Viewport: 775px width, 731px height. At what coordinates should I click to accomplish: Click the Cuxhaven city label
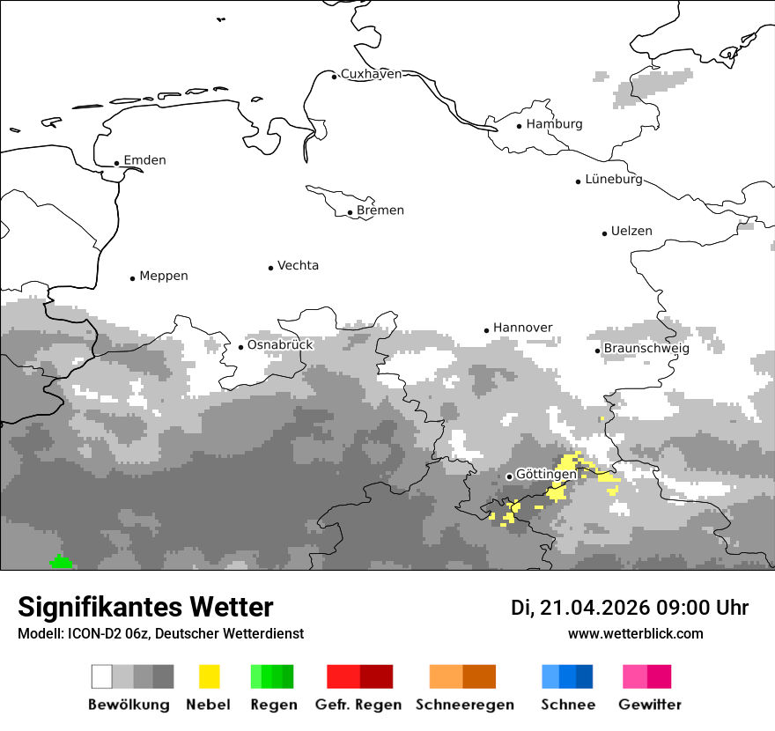(x=371, y=74)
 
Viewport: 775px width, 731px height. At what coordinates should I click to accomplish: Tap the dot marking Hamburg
(x=520, y=125)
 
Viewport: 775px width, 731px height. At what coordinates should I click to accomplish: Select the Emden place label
(x=144, y=160)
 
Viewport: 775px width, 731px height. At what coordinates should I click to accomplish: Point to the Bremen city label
(x=380, y=210)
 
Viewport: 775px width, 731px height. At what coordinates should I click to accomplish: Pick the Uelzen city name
(x=631, y=232)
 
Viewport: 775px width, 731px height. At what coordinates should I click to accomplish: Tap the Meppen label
(x=164, y=277)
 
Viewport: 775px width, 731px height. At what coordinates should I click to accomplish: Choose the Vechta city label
(x=298, y=266)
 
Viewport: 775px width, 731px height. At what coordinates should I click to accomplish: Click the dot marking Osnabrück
(x=240, y=347)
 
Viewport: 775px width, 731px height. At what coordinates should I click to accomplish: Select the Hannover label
(x=522, y=328)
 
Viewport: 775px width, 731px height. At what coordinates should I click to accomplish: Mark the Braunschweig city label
(x=646, y=349)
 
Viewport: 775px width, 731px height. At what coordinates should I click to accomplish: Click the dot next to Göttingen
(x=509, y=476)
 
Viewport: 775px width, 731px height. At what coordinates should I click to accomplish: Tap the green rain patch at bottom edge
(x=60, y=563)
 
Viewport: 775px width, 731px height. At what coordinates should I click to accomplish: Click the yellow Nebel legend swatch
(x=209, y=676)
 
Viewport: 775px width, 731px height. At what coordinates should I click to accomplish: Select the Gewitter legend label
(x=649, y=705)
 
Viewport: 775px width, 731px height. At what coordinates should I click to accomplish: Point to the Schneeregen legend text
(x=464, y=705)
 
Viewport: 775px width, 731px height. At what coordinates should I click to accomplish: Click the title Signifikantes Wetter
(x=145, y=607)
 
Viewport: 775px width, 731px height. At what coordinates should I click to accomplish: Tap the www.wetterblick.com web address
(x=635, y=633)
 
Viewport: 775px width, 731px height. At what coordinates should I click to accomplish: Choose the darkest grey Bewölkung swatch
(x=163, y=676)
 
